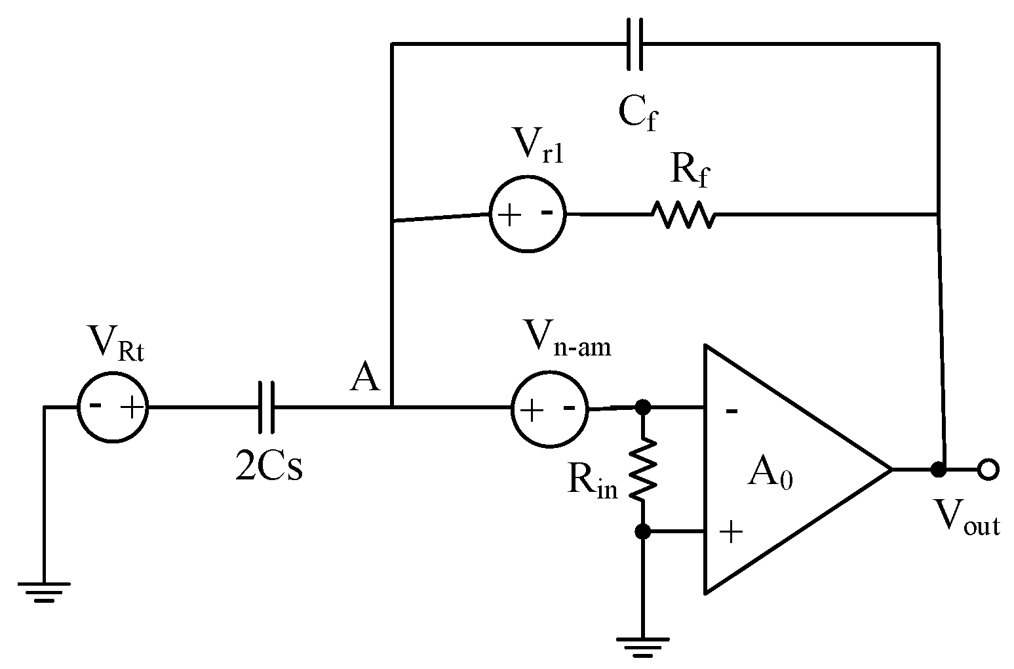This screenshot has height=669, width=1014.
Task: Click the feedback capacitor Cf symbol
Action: [x=634, y=44]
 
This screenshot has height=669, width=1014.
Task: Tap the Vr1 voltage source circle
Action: [x=528, y=213]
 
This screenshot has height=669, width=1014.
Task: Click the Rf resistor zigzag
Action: [x=684, y=214]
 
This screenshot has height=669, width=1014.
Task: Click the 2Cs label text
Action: [x=269, y=468]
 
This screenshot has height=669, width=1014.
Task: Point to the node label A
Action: [x=366, y=378]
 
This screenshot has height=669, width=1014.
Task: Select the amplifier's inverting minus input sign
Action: [x=732, y=412]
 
